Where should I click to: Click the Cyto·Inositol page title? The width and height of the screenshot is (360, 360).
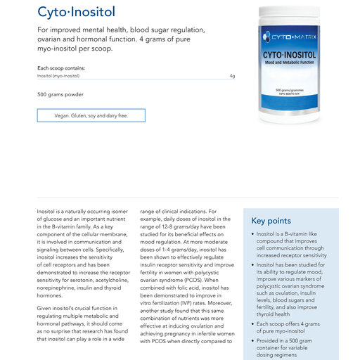pyautogui.click(x=76, y=12)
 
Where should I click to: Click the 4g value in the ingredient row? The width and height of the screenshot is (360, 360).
pyautogui.click(x=232, y=75)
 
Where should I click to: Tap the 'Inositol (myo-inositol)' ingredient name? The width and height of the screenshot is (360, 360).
pyautogui.click(x=58, y=75)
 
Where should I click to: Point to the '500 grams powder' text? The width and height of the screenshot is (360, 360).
pyautogui.click(x=60, y=94)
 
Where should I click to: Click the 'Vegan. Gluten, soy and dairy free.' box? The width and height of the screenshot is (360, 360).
pyautogui.click(x=91, y=115)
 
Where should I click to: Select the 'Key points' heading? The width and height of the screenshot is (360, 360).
pyautogui.click(x=271, y=220)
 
